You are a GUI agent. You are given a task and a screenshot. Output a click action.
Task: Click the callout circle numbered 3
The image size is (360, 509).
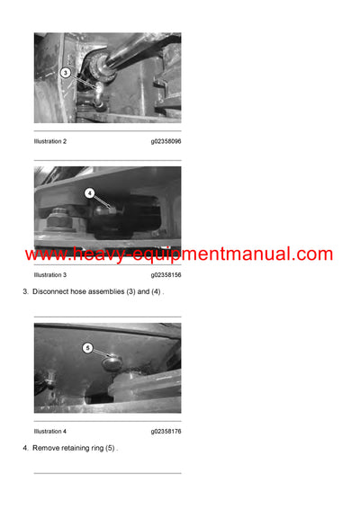pyautogui.click(x=65, y=72)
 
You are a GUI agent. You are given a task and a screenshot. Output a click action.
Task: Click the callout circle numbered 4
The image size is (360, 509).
pyautogui.click(x=89, y=192)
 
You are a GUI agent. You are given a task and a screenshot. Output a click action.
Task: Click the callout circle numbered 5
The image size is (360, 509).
pyautogui.click(x=88, y=347)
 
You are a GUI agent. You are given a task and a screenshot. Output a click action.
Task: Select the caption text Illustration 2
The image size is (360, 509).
pyautogui.click(x=50, y=141)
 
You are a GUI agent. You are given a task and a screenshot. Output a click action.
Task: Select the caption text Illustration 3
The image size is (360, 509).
pyautogui.click(x=50, y=274)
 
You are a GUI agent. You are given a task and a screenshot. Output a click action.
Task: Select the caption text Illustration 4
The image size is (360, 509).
pyautogui.click(x=50, y=431)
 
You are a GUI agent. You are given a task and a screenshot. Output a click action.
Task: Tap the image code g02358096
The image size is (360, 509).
pyautogui.click(x=166, y=141)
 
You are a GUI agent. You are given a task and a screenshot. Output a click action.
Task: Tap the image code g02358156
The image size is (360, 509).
pyautogui.click(x=166, y=274)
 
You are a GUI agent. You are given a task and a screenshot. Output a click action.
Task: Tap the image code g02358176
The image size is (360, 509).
pyautogui.click(x=166, y=431)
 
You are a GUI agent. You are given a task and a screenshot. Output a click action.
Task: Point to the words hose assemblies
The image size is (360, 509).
pyautogui.click(x=102, y=293)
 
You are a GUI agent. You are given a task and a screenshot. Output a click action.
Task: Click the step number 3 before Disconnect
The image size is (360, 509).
pyautogui.click(x=24, y=293)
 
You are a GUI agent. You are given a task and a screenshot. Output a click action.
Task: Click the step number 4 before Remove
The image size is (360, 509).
pyautogui.click(x=24, y=448)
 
